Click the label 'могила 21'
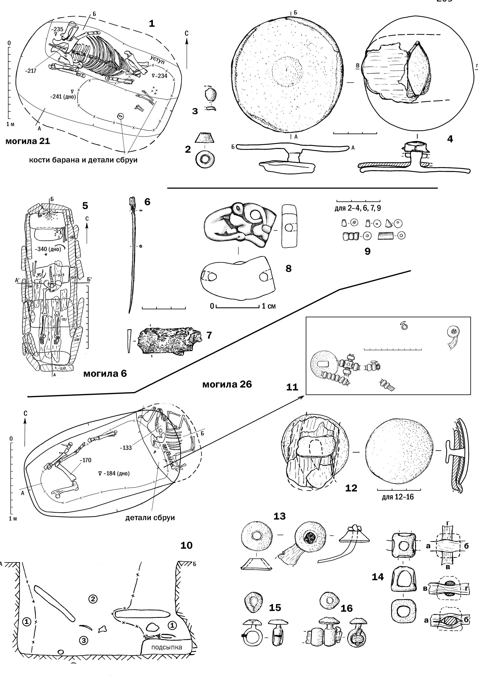pos(28,141)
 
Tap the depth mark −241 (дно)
pos(63,96)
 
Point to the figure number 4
pos(450,139)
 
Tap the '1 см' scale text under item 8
pos(269,306)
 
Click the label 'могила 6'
pos(105,374)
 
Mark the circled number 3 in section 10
pos(84,640)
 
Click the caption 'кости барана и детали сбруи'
pos(83,160)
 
